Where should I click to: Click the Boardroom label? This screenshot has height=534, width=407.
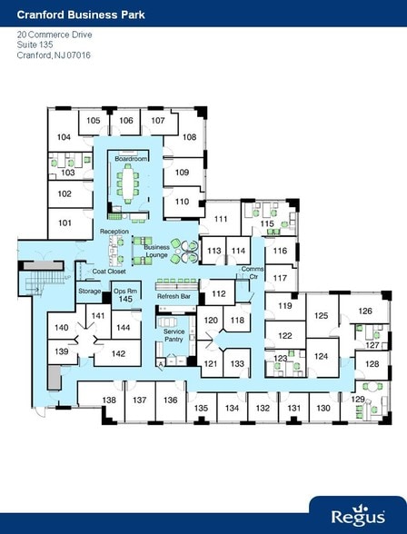point(130,158)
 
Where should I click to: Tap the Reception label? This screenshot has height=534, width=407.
point(114,232)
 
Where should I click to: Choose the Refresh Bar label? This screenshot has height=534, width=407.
point(174,297)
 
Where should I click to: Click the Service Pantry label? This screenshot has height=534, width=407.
point(174,336)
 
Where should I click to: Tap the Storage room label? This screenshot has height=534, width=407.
point(89,291)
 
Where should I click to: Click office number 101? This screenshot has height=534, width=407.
point(65,222)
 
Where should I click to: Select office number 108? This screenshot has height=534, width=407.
point(189,137)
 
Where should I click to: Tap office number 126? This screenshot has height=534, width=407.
point(365,311)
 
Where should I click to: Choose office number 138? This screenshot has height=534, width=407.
point(109,400)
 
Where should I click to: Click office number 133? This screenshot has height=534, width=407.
point(238,363)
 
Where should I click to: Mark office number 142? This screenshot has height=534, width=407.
point(118,354)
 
